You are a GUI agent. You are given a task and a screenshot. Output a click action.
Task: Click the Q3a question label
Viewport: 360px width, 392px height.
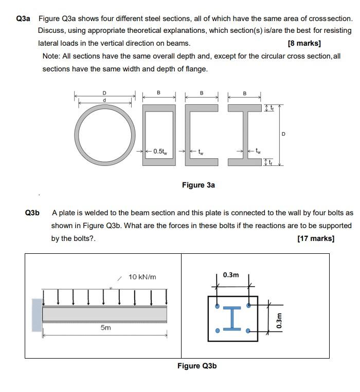(x=23, y=18)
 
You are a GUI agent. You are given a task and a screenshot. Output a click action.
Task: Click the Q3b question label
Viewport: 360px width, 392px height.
(x=32, y=213)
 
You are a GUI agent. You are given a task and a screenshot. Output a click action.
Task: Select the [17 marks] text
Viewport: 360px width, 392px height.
(x=316, y=238)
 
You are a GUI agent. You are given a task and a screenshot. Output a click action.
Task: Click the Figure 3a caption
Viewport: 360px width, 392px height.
(x=198, y=185)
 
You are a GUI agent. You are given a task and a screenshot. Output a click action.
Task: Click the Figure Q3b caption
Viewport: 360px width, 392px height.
(x=197, y=366)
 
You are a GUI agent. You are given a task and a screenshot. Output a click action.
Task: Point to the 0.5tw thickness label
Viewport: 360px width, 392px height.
(x=160, y=151)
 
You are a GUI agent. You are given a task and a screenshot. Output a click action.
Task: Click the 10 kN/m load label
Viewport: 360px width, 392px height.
(x=142, y=277)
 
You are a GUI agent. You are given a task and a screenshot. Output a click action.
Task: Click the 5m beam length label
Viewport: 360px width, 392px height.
(x=105, y=327)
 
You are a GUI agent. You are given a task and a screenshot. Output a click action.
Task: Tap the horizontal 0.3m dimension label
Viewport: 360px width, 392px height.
(x=231, y=275)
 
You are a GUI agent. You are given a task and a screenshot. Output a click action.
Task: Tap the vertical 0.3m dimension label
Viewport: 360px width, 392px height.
(x=279, y=320)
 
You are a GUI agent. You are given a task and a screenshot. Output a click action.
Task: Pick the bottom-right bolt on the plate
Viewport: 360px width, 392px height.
(x=249, y=331)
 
